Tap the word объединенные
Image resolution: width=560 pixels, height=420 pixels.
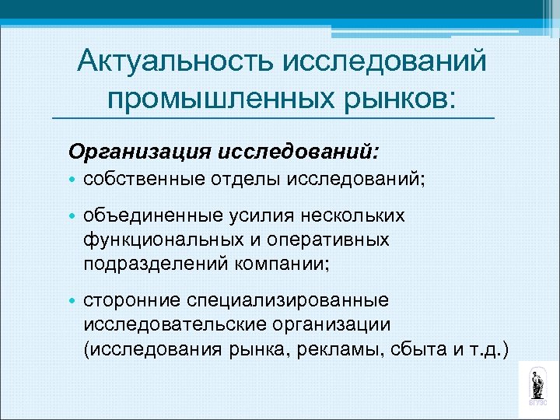[149, 215]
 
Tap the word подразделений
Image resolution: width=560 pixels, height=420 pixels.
[150, 264]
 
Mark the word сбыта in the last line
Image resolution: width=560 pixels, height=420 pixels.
[414, 348]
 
